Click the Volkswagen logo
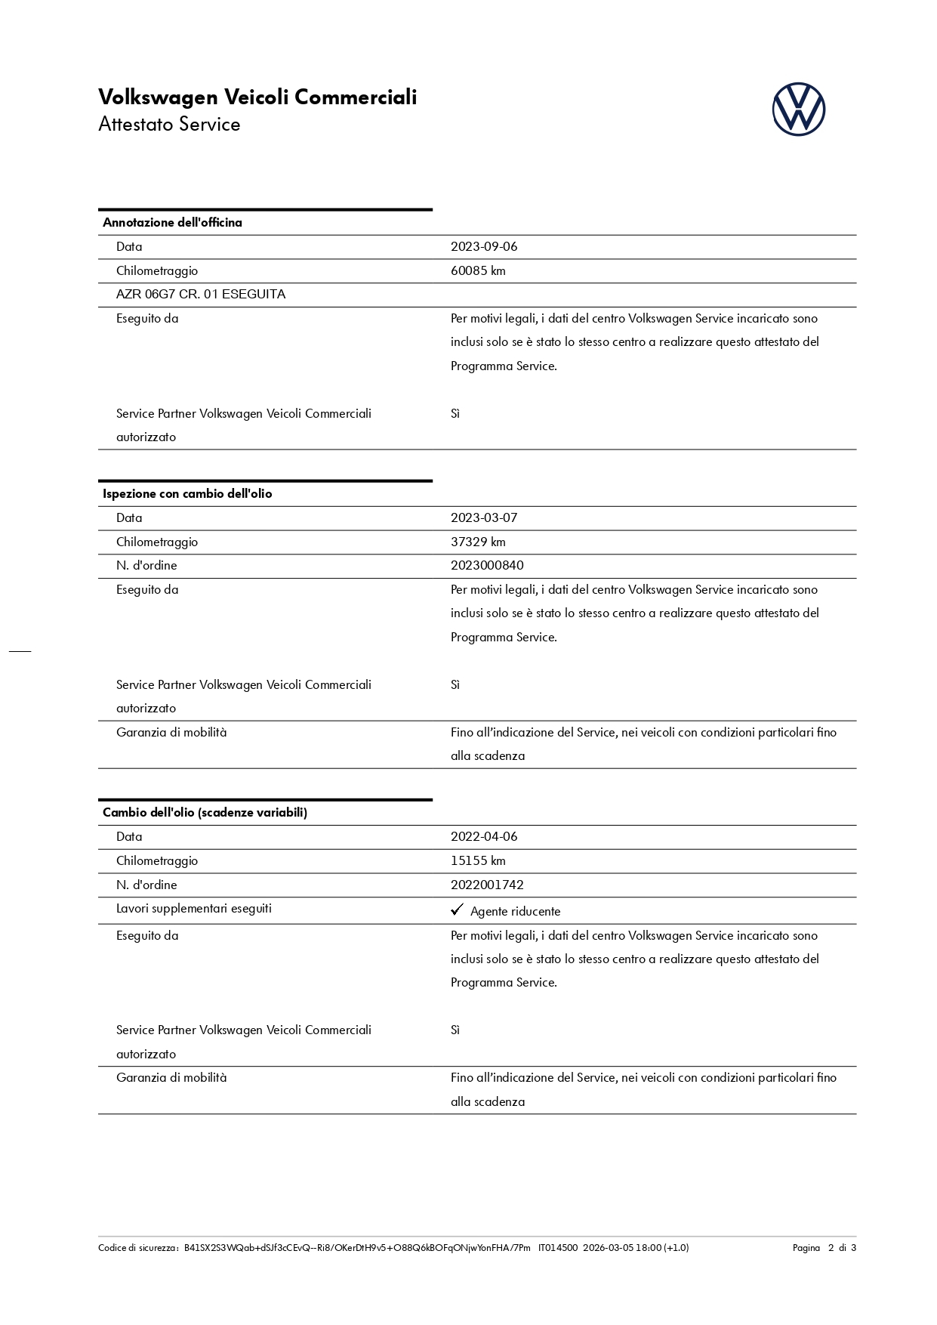click(798, 110)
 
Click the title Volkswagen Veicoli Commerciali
click(257, 97)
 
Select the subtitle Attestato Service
click(169, 125)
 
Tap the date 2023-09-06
click(484, 247)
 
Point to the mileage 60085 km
click(478, 270)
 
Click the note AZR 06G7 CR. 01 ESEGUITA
click(201, 295)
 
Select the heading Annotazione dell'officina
click(172, 222)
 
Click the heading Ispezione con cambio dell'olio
click(187, 493)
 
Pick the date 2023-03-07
click(484, 518)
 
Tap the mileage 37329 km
click(478, 542)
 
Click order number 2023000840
click(487, 566)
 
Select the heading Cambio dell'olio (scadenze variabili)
click(205, 813)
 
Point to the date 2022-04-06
click(484, 837)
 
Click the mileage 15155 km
click(478, 861)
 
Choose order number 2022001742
click(487, 885)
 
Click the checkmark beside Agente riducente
click(457, 910)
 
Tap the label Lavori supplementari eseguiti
click(194, 909)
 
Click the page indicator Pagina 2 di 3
click(824, 1248)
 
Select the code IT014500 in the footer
click(558, 1248)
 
